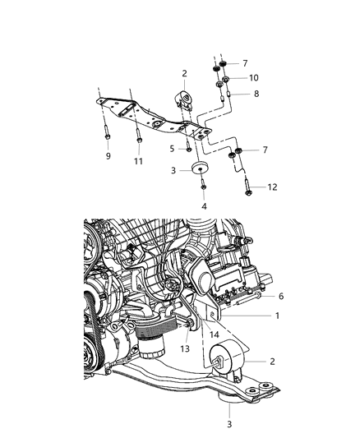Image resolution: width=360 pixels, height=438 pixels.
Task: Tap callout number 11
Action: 139,161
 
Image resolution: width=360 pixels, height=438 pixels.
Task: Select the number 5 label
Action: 172,149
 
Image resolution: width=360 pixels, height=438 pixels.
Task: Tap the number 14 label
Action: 214,335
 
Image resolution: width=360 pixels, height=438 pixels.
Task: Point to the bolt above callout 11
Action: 138,138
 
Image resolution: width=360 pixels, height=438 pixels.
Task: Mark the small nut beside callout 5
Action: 189,149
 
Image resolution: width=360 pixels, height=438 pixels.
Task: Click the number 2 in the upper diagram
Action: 185,73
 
